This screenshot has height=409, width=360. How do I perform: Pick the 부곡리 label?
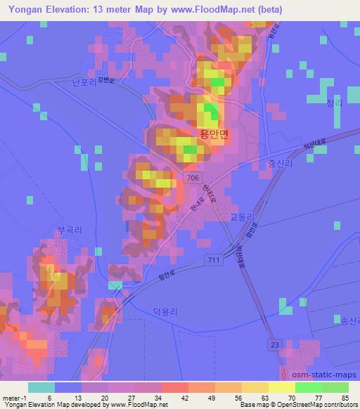click(70, 229)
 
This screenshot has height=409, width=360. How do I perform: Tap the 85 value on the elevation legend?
click(344, 398)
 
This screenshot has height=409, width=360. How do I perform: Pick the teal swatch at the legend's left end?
click(41, 387)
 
